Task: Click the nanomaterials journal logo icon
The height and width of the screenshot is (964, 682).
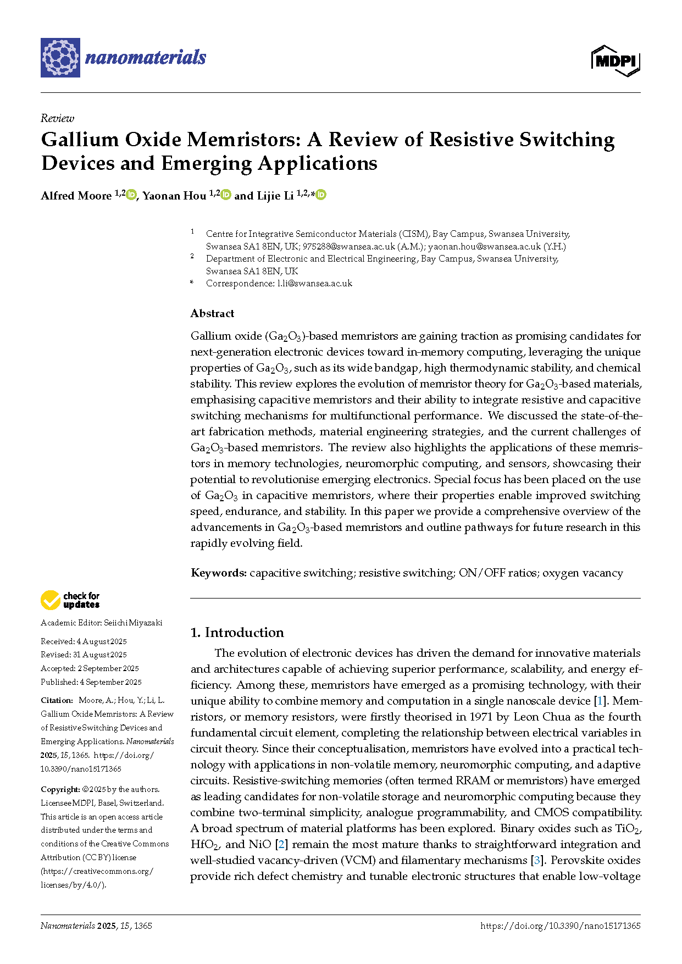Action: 60,58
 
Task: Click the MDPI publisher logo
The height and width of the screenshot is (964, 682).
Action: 616,60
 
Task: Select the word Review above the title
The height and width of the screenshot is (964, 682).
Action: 57,118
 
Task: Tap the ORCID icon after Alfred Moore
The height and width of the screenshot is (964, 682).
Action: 131,195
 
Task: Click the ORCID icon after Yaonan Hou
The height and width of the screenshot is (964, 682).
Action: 226,195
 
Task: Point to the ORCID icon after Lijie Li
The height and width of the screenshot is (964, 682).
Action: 321,195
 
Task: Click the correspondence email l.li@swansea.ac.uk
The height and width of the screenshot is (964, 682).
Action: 314,284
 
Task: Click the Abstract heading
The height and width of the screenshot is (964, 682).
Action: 212,313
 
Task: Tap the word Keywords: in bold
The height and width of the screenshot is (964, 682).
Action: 218,573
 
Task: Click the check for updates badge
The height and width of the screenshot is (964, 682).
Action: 70,600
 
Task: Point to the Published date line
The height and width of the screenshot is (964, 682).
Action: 91,682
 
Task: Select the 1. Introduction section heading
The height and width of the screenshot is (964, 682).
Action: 237,633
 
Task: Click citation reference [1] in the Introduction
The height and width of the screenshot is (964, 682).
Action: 600,701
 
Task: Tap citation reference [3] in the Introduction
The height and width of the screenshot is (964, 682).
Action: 537,860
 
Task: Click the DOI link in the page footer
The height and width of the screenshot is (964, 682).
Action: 560,926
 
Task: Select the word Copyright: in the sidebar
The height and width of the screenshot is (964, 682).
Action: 60,789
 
